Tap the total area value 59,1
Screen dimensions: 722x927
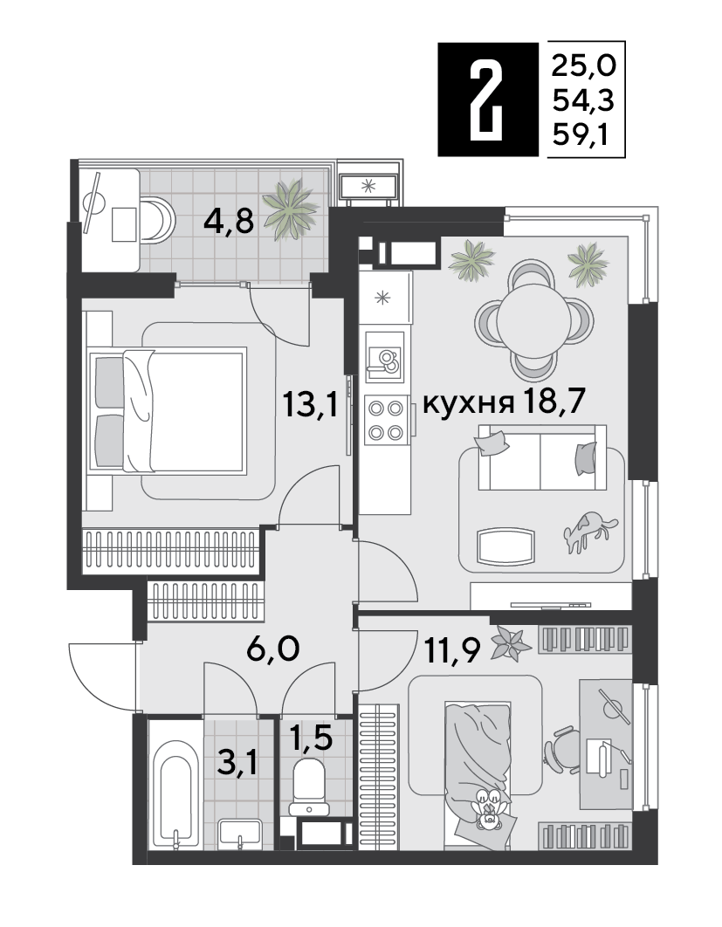pos(581,137)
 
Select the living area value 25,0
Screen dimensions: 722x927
pos(584,65)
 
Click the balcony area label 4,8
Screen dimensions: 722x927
pos(228,222)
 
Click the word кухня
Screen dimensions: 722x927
pos(468,405)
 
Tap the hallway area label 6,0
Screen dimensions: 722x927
pos(272,649)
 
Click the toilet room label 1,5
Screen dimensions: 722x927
pos(311,738)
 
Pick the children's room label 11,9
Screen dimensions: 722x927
pos(451,650)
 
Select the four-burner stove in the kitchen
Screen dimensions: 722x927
pos(386,421)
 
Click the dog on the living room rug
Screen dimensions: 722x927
pos(589,531)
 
